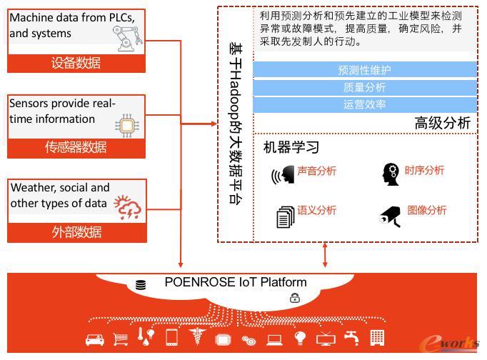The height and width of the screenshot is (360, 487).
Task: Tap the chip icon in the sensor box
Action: [x=126, y=125]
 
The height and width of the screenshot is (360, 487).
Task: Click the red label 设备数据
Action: [x=76, y=63]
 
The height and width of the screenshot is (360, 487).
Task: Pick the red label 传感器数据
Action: [x=76, y=147]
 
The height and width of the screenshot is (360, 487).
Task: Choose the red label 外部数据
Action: [x=76, y=232]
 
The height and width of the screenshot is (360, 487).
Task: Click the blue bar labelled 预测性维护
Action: [x=365, y=70]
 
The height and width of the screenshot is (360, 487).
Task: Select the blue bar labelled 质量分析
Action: [x=365, y=87]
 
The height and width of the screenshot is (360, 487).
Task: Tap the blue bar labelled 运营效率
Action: [x=365, y=104]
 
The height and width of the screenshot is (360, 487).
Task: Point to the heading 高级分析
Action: [x=443, y=123]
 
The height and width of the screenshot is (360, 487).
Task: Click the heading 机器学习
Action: [x=291, y=148]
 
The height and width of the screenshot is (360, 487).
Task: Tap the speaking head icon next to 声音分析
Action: [x=283, y=175]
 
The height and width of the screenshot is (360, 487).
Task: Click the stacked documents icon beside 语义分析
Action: [x=285, y=216]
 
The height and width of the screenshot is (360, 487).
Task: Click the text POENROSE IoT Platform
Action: [x=236, y=281]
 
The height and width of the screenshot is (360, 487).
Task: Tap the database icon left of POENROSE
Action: [x=141, y=285]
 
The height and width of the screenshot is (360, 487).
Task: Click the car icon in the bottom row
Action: [x=95, y=339]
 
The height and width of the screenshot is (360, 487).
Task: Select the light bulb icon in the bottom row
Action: [x=301, y=338]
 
